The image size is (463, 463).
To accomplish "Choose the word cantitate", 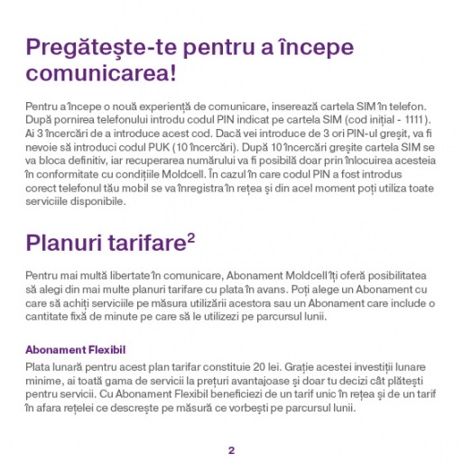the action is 49,317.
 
